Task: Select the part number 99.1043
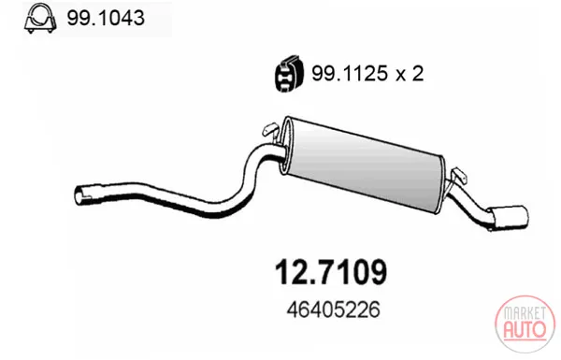[x=106, y=18]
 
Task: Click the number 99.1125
[x=350, y=73]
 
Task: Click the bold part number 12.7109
[x=331, y=272]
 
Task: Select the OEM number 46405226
[x=333, y=310]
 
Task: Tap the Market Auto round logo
[x=525, y=324]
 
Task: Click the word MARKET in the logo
[x=525, y=314]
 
